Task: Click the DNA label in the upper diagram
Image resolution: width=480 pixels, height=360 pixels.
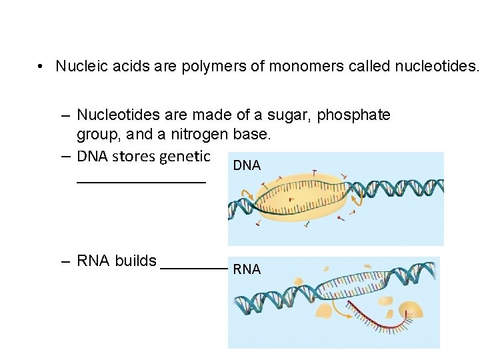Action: point(247,165)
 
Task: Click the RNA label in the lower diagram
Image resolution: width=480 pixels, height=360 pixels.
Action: point(247,269)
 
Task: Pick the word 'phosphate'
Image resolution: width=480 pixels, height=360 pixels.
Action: point(354,115)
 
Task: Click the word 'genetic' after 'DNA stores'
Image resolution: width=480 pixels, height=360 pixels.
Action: point(186,157)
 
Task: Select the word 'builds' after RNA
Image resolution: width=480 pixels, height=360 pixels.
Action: point(135,261)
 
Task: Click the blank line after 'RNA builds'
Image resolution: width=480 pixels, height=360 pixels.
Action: point(194,266)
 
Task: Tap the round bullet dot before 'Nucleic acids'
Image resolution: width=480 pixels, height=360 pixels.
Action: point(41,67)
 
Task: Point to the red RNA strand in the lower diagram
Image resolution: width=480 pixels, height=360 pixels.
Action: point(387,326)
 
